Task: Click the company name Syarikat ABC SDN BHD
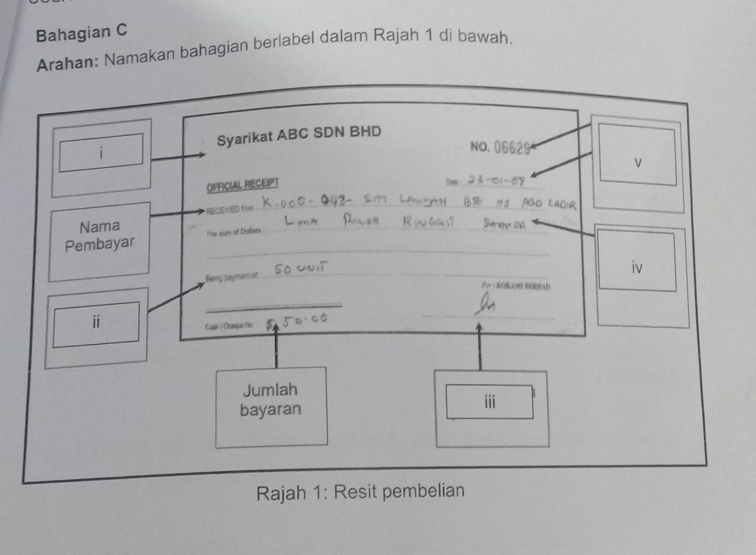tap(299, 135)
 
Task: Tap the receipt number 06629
tap(507, 148)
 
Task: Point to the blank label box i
tap(101, 153)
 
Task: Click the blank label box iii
tap(489, 403)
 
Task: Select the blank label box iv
tap(637, 262)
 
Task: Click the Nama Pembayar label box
tap(100, 235)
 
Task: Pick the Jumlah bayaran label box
tap(271, 400)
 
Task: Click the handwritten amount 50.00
tap(301, 320)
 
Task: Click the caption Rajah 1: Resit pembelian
tap(360, 491)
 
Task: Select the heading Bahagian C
tap(81, 33)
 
